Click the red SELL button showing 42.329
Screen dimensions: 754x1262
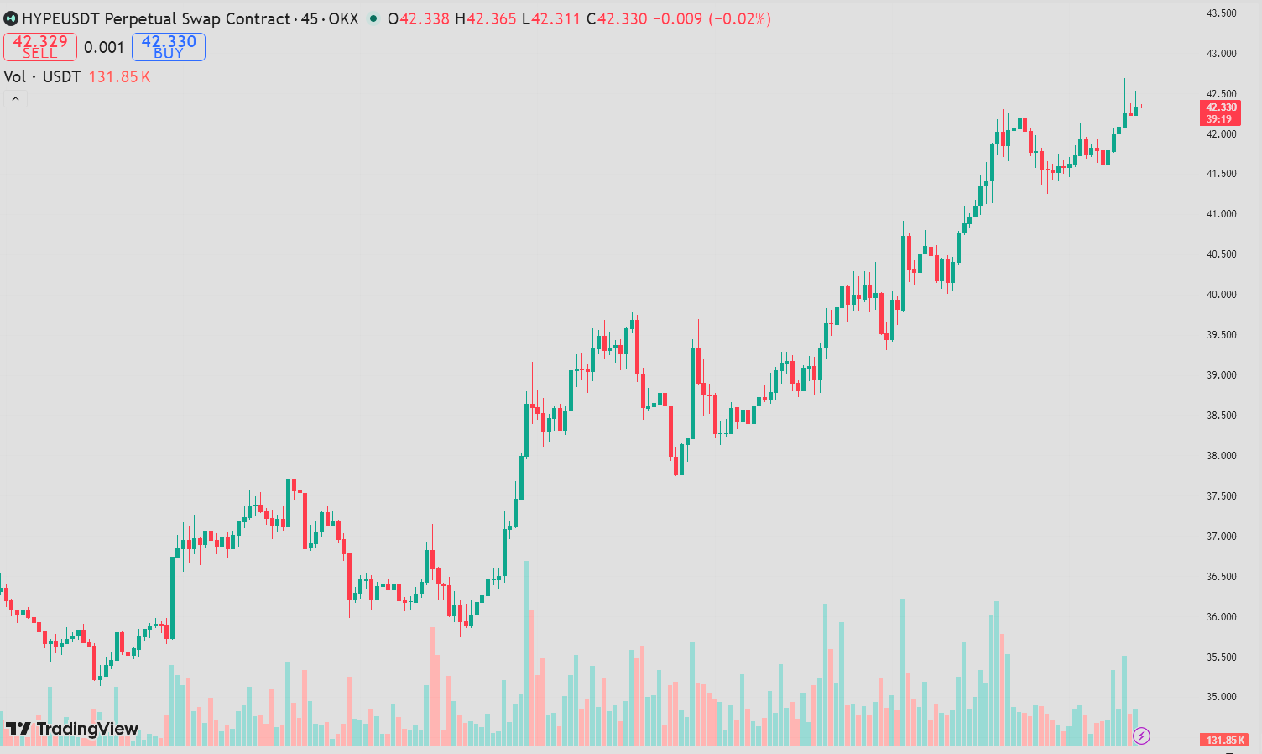point(40,47)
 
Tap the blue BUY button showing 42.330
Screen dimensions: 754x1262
point(169,47)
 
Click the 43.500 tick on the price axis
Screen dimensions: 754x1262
point(1221,13)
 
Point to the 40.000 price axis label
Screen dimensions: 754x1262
point(1221,295)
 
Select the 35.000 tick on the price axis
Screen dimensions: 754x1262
point(1221,697)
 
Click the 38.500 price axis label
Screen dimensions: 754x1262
point(1221,416)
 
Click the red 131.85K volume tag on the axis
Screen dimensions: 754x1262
point(1224,740)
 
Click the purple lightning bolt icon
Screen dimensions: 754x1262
point(1141,736)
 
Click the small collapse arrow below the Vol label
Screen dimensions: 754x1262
point(15,100)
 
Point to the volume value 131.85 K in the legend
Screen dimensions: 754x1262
point(119,77)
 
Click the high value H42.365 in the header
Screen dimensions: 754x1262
point(486,18)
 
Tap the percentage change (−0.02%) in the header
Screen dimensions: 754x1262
point(739,18)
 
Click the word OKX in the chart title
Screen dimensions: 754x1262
point(343,18)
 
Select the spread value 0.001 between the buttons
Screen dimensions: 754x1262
point(104,48)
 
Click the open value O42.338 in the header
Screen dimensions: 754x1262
point(419,18)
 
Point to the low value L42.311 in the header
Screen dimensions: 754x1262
point(551,18)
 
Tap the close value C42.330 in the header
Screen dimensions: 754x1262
point(617,18)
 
